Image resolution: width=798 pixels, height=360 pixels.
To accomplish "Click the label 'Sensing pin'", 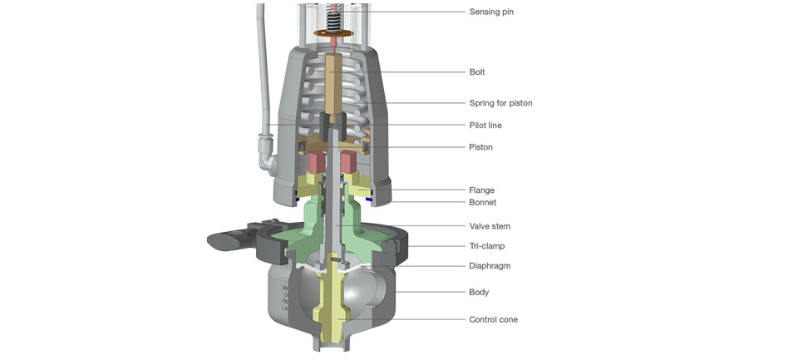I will [x=491, y=12].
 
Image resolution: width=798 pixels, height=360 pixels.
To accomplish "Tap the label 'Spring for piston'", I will [x=500, y=103].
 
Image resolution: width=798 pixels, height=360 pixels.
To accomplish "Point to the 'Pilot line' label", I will [x=485, y=126].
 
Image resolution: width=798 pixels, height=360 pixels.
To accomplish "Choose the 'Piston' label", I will [x=480, y=147].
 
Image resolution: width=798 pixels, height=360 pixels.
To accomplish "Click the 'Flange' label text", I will [x=481, y=190].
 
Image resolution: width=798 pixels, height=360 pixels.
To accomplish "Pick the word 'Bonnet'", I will [x=482, y=203].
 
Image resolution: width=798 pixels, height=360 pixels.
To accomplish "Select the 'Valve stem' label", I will [x=490, y=226].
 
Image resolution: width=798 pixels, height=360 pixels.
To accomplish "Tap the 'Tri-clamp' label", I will [x=487, y=246].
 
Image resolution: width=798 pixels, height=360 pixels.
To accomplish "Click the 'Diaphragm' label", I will [x=490, y=266].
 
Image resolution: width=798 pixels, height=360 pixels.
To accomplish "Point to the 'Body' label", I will [x=479, y=293].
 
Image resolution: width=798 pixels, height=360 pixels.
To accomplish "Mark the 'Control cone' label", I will [x=493, y=319].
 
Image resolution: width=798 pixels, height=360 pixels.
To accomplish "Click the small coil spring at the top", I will [x=335, y=16].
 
